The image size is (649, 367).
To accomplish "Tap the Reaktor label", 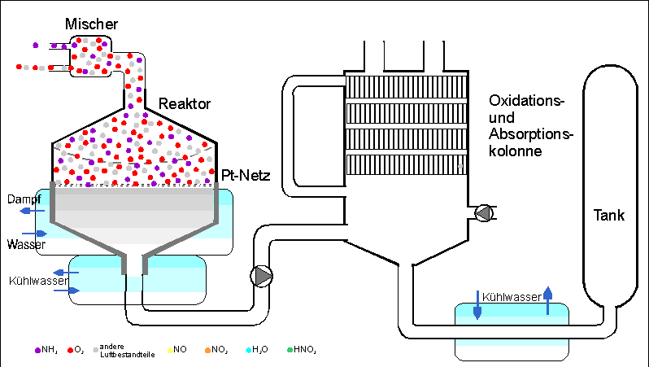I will pyautogui.click(x=185, y=104).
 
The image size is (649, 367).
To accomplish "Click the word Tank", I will pyautogui.click(x=608, y=216).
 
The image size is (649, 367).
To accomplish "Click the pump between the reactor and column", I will pyautogui.click(x=263, y=277).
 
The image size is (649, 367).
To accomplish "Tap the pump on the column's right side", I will pyautogui.click(x=484, y=213).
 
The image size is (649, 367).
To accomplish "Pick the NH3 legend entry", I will pyautogui.click(x=46, y=350).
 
